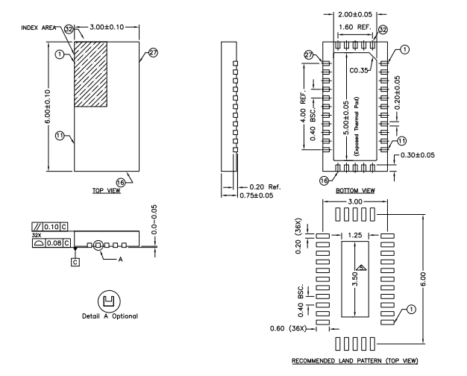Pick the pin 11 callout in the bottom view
[x=401, y=140]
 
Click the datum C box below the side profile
[x=75, y=261]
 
